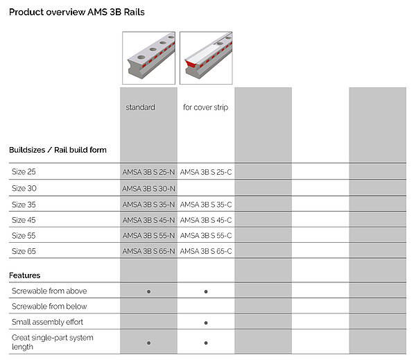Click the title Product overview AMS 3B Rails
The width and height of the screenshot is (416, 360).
(77, 12)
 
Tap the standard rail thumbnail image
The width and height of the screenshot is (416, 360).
(148, 58)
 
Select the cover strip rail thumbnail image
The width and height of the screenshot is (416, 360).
(206, 58)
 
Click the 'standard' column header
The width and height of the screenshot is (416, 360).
(140, 108)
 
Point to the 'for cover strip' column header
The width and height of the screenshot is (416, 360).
(206, 108)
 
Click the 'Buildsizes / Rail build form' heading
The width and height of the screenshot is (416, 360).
(58, 150)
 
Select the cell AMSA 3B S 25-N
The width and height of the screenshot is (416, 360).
(148, 172)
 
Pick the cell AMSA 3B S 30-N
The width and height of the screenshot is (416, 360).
(148, 189)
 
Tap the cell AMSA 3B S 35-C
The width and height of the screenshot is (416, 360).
(206, 205)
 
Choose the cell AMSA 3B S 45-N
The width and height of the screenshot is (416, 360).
(148, 220)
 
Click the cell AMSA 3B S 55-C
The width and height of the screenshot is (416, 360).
(206, 235)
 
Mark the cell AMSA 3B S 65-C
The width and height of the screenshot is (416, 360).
(206, 251)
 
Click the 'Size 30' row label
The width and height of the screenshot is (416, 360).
(24, 188)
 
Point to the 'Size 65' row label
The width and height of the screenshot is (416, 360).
(24, 251)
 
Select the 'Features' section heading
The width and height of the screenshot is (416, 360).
(25, 275)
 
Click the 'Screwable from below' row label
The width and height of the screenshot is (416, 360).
(49, 307)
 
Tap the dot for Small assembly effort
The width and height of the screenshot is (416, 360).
(206, 323)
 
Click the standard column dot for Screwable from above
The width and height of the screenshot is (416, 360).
(148, 291)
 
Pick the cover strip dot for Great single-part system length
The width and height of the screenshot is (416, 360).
(206, 343)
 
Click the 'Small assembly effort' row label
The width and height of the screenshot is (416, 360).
(47, 322)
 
